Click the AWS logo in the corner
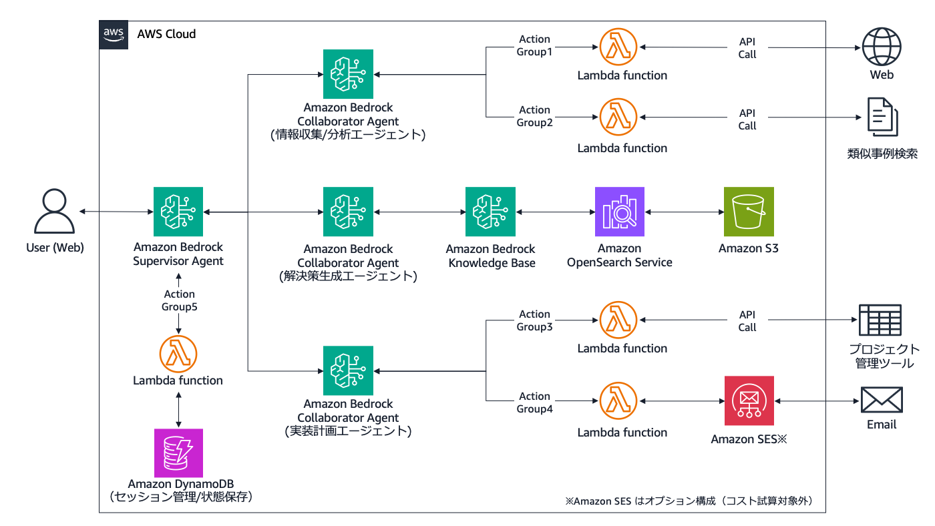(114, 35)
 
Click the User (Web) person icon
(54, 212)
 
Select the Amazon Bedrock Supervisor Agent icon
(178, 212)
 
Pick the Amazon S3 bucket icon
(749, 212)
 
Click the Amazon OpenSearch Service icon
(620, 212)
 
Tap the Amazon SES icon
(749, 401)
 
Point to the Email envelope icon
(882, 401)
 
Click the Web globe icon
(882, 47)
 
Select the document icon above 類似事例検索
(882, 117)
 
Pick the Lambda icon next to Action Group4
(619, 401)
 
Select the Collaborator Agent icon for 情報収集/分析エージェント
(348, 74)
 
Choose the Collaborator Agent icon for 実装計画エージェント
(348, 370)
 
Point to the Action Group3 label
(534, 320)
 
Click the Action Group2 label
(534, 116)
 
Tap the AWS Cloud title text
(166, 34)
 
